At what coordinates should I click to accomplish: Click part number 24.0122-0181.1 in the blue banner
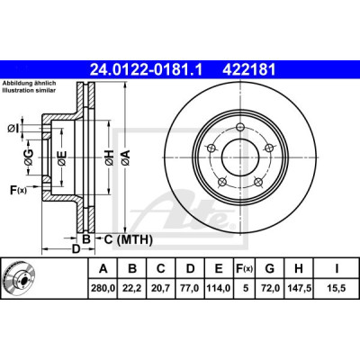click(147, 70)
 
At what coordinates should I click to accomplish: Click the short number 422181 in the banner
click(248, 70)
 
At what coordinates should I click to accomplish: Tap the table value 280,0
click(103, 288)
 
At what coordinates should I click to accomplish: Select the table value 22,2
click(131, 288)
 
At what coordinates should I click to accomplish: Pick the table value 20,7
click(161, 288)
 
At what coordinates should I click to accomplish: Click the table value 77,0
click(190, 288)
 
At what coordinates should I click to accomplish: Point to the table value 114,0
click(219, 288)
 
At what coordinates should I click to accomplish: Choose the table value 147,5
click(299, 288)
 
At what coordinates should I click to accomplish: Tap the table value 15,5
click(337, 288)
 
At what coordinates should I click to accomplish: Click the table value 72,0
click(270, 288)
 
